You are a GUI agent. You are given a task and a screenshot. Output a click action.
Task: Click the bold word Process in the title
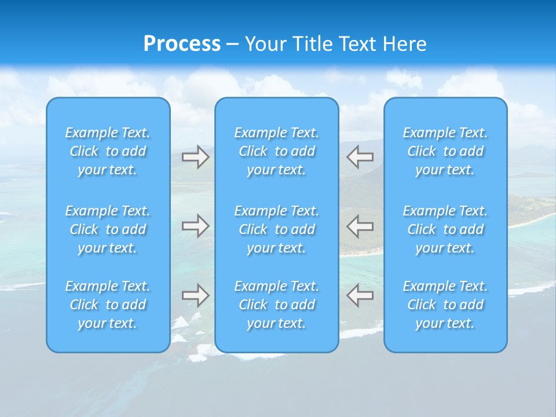182,44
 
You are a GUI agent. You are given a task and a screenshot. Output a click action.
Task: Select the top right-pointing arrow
196,157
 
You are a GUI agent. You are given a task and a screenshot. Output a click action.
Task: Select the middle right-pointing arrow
196,226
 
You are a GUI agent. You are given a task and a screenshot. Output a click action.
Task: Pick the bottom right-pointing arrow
196,295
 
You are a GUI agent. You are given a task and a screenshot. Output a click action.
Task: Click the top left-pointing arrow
360,156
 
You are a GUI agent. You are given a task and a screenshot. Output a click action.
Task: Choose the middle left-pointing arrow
360,226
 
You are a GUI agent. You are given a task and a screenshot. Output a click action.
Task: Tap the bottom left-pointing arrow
360,295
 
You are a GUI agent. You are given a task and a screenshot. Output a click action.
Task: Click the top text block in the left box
108,151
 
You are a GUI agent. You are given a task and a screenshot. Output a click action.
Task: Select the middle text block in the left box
108,229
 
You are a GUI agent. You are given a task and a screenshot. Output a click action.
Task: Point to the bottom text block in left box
108,305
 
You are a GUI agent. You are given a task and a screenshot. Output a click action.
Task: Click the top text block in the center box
277,151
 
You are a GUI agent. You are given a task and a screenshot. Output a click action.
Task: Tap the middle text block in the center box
277,229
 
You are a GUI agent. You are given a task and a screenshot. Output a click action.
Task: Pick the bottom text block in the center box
277,305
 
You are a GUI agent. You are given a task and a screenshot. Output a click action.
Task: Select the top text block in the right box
445,151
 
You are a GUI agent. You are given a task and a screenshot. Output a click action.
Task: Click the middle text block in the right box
445,229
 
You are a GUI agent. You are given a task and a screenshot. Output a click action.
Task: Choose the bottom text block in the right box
445,305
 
